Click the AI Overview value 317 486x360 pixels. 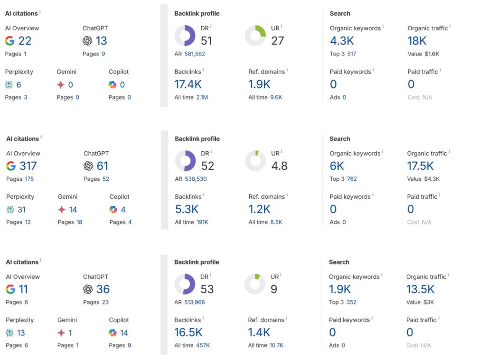click(28, 166)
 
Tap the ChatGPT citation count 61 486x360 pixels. click(103, 166)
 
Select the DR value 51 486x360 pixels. click(206, 41)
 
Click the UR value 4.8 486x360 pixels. click(279, 166)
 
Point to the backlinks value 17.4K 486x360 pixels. click(188, 84)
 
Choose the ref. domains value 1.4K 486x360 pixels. click(259, 332)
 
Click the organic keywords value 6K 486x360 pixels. click(337, 166)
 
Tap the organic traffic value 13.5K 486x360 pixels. click(421, 289)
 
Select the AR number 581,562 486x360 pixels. click(195, 54)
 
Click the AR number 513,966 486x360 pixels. click(195, 302)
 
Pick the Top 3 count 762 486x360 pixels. click(352, 179)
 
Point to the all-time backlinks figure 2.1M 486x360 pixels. click(202, 97)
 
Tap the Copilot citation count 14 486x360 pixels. click(124, 333)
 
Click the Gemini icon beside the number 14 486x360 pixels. click(61, 210)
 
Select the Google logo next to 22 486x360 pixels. click(10, 41)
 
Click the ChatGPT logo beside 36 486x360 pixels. click(88, 289)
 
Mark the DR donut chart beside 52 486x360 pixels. click(185, 161)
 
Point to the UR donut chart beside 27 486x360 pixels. click(255, 36)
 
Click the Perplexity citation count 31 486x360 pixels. click(21, 210)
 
